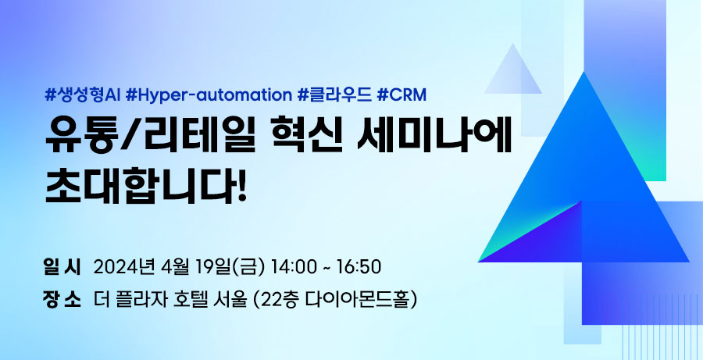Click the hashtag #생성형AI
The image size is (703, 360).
coord(83,95)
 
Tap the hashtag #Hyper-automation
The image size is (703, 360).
coord(209,95)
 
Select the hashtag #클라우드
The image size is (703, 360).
coord(334,95)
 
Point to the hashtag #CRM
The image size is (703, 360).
coord(401,95)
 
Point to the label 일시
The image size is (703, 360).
coord(62,267)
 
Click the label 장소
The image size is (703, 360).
coord(62,299)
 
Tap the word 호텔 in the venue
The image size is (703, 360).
coord(188,299)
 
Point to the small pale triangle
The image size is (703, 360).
coord(513,74)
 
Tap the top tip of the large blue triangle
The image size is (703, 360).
coord(583,72)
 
